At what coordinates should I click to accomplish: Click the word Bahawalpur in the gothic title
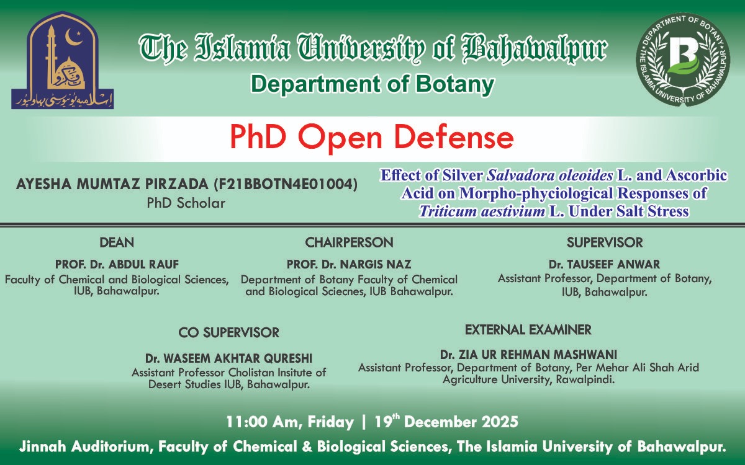coord(536,48)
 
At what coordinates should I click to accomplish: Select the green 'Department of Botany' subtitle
coord(372,84)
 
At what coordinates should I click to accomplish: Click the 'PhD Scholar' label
coord(186,203)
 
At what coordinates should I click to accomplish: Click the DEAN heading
coord(117,242)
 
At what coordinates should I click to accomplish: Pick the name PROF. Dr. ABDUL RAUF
coord(117,264)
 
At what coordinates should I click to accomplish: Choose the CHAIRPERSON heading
coord(349,242)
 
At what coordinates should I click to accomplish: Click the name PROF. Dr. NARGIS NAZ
coord(349,264)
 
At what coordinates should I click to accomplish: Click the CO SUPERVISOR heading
coord(229,333)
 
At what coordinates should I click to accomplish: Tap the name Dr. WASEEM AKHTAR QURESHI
coord(229,358)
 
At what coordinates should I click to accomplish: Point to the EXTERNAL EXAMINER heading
coord(528,329)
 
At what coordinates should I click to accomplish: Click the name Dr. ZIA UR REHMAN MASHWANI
coord(528,355)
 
